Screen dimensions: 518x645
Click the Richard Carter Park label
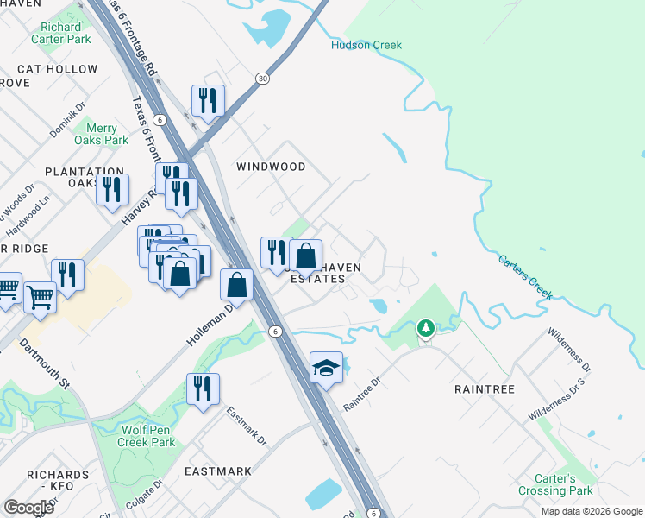tap(60, 33)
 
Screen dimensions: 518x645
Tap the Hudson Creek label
tap(366, 45)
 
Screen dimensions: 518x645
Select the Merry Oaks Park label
tap(101, 134)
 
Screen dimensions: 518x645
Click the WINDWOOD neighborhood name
tap(271, 166)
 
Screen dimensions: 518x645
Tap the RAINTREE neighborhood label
tap(484, 389)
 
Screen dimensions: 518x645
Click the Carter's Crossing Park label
tap(555, 484)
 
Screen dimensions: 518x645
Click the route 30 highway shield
tap(261, 79)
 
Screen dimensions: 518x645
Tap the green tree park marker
tap(425, 328)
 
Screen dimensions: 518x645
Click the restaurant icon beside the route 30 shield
tap(207, 100)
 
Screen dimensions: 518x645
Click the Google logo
tap(28, 508)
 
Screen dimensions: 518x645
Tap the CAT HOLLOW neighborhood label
tap(58, 69)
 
